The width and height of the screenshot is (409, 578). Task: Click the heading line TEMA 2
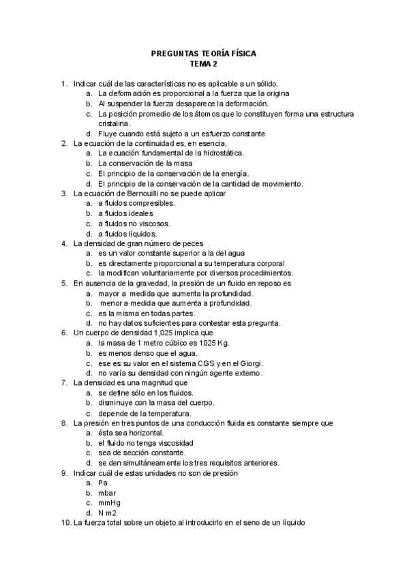[204, 64]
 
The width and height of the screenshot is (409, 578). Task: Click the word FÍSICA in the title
[240, 54]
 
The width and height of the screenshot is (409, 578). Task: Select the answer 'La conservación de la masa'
[145, 163]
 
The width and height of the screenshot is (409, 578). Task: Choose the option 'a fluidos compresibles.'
[137, 203]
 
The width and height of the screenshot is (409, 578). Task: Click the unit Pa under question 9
[103, 483]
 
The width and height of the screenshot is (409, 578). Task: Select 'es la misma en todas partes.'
[147, 313]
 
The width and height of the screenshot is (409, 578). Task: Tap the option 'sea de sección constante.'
[142, 453]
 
